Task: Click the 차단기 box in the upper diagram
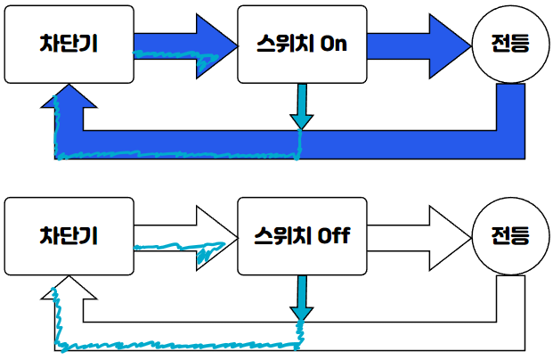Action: [69, 44]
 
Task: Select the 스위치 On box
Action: [302, 44]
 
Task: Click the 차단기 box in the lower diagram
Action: [69, 236]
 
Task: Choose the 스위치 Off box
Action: [302, 236]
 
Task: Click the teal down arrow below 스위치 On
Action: [301, 106]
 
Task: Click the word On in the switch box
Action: [332, 45]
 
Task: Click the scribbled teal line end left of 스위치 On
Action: [209, 61]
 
